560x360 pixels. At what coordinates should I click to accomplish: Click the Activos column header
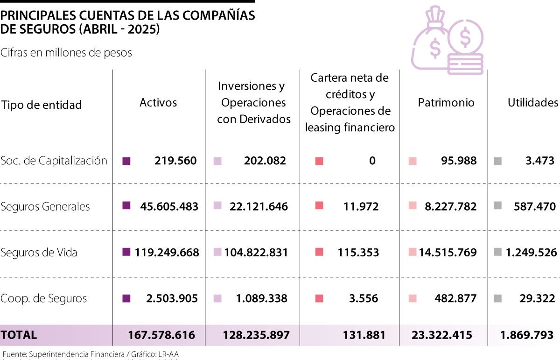158,103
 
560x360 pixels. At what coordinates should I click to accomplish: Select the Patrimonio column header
446,103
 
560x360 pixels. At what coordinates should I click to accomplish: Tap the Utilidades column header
532,103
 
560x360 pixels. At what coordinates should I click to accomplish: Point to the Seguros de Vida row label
39,253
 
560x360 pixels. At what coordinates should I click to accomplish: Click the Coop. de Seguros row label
44,298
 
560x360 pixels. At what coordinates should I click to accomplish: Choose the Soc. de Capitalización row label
54,161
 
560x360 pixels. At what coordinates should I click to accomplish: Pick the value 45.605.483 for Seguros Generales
169,206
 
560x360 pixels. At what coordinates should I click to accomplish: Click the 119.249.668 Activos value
167,253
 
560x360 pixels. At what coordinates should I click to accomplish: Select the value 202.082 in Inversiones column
265,161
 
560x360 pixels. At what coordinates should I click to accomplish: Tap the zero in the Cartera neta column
372,161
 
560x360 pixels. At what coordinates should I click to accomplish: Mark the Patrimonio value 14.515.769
448,253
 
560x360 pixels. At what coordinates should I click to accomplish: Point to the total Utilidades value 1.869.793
527,335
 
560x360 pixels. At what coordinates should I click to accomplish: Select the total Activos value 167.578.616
161,335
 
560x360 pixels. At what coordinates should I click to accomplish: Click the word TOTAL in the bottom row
19,335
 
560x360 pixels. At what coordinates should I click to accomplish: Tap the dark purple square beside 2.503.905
126,298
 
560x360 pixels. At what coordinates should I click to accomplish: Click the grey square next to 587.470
497,206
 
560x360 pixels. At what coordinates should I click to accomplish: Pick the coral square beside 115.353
319,253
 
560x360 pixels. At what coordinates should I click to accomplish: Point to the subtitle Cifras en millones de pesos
66,53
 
